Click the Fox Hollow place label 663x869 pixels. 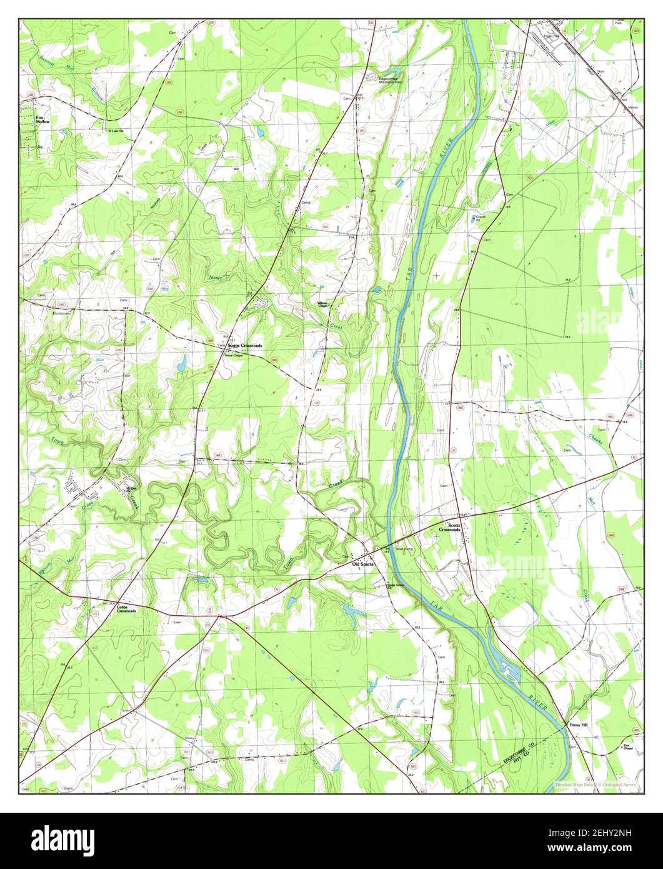[x=42, y=119]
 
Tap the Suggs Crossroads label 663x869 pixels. [x=244, y=346]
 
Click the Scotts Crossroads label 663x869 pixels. [x=449, y=527]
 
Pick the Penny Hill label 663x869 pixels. [x=578, y=725]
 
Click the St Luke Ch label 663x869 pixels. [x=116, y=131]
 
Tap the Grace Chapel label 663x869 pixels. [x=232, y=352]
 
